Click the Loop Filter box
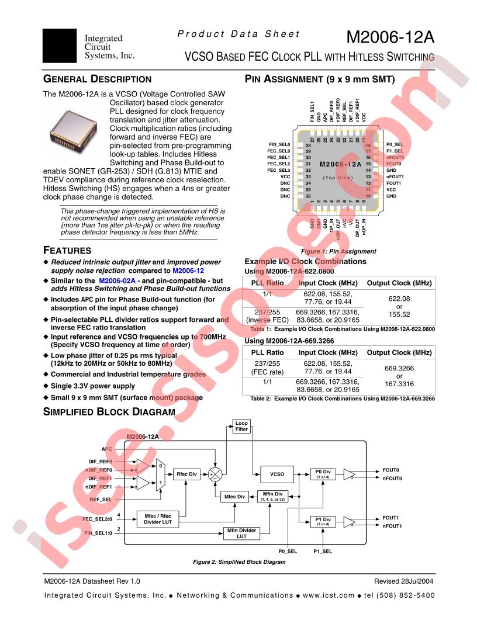[x=241, y=427]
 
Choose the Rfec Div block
[x=184, y=475]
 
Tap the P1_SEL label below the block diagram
[x=323, y=551]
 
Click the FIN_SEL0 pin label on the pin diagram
[x=279, y=144]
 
